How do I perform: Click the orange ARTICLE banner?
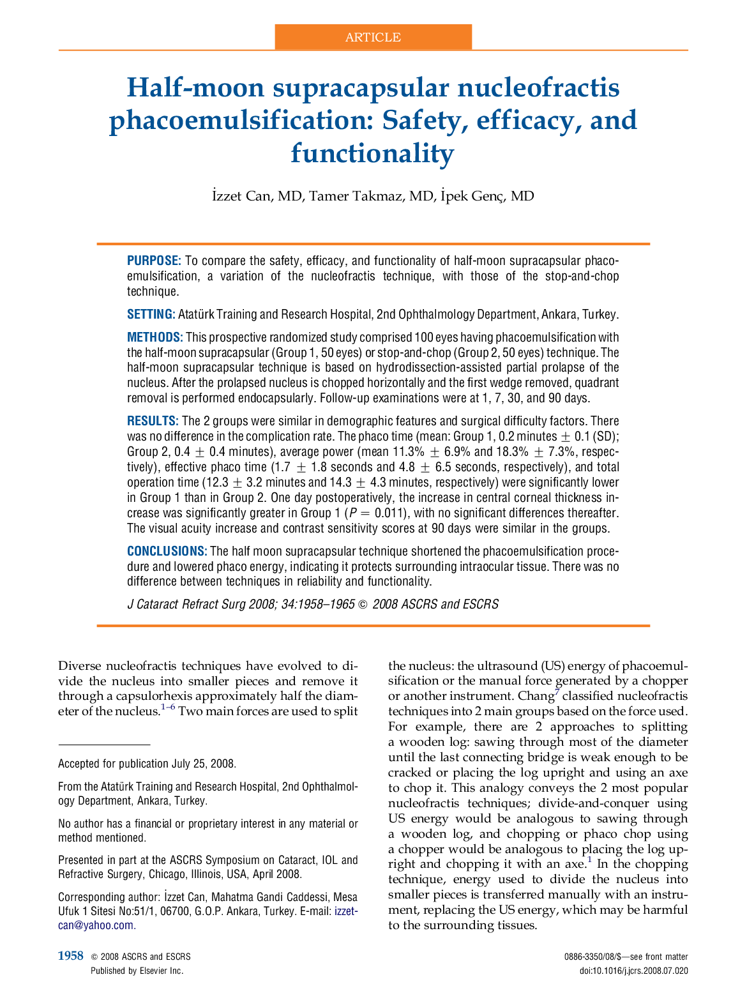coord(373,37)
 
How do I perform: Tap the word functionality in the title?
coord(372,153)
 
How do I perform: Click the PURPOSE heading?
coord(154,261)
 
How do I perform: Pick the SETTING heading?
coord(151,314)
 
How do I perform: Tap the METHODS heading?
coord(155,337)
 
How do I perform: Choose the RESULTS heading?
coord(152,421)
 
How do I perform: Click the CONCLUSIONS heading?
coord(167,551)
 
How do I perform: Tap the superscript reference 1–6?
coord(168,707)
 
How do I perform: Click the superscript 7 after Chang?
coord(557,692)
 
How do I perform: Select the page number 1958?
coord(71,956)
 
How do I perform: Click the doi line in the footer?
coord(633,971)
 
